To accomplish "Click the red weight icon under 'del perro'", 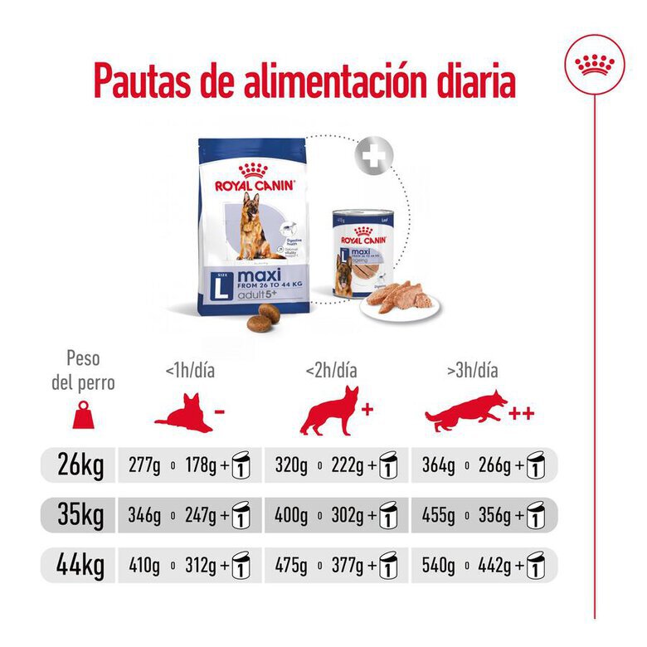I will click(x=83, y=415).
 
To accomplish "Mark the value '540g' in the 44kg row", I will click(x=438, y=567).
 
